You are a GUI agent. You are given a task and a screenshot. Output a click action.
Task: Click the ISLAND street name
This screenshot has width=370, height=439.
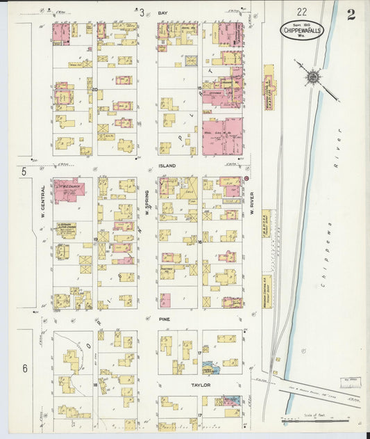[x=167, y=166]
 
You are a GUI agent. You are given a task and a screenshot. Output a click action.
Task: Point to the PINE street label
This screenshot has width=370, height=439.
[x=164, y=319]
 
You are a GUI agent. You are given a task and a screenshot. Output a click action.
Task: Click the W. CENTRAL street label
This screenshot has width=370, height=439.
[x=43, y=200]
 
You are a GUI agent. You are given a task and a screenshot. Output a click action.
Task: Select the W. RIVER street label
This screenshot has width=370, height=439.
[x=252, y=203]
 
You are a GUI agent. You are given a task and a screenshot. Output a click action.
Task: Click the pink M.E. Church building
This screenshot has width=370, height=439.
[x=67, y=190]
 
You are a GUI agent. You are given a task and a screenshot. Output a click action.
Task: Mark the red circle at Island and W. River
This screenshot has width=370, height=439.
[x=246, y=179]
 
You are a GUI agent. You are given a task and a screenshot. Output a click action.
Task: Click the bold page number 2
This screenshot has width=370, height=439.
[x=351, y=15]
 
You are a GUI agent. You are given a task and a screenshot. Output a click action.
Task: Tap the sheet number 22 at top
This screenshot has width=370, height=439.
[x=302, y=12]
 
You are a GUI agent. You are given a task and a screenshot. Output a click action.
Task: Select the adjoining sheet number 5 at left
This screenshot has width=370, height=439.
[x=24, y=170]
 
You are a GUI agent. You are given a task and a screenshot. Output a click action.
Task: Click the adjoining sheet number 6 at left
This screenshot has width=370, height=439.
[x=24, y=368]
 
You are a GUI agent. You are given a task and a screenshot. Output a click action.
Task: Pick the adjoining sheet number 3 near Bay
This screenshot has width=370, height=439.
[x=142, y=13]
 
